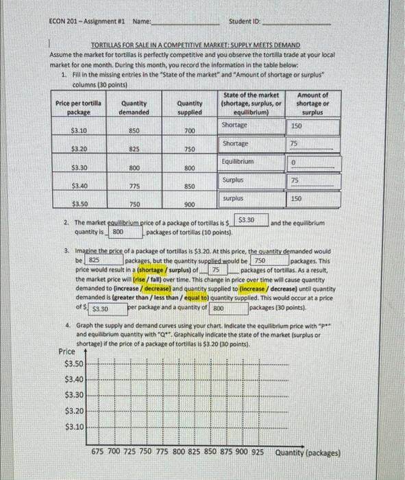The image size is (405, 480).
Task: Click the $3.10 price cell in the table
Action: (78, 129)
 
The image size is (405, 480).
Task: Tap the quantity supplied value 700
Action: (189, 130)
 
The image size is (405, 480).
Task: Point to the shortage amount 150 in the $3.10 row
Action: (296, 126)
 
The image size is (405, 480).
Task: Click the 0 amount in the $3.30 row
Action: (293, 163)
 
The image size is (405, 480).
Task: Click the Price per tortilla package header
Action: (79, 107)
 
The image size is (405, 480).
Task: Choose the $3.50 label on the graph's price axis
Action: (74, 363)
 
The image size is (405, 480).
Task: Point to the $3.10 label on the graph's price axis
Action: (74, 427)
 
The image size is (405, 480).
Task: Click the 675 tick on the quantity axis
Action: (101, 453)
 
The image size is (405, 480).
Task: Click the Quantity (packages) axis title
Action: (308, 453)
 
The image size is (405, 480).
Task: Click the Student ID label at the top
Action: (245, 22)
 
